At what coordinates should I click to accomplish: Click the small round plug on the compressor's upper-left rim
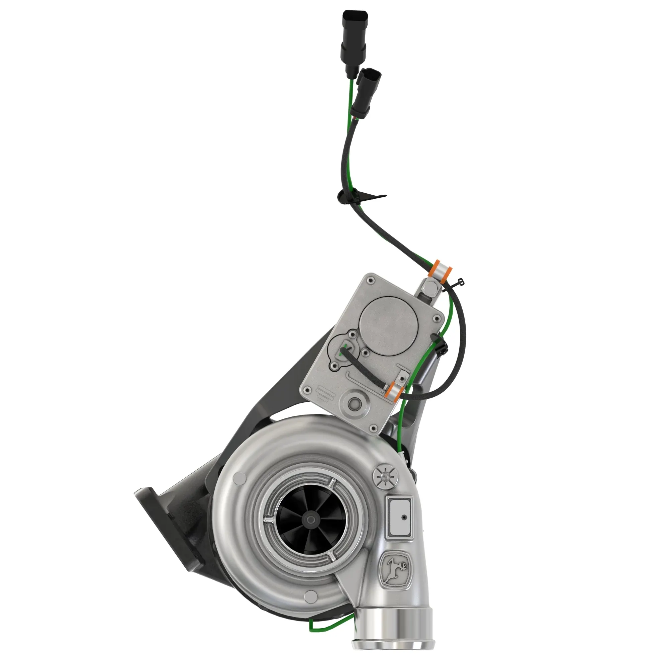click(x=237, y=479)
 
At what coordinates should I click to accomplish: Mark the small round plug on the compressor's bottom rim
click(x=310, y=596)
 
